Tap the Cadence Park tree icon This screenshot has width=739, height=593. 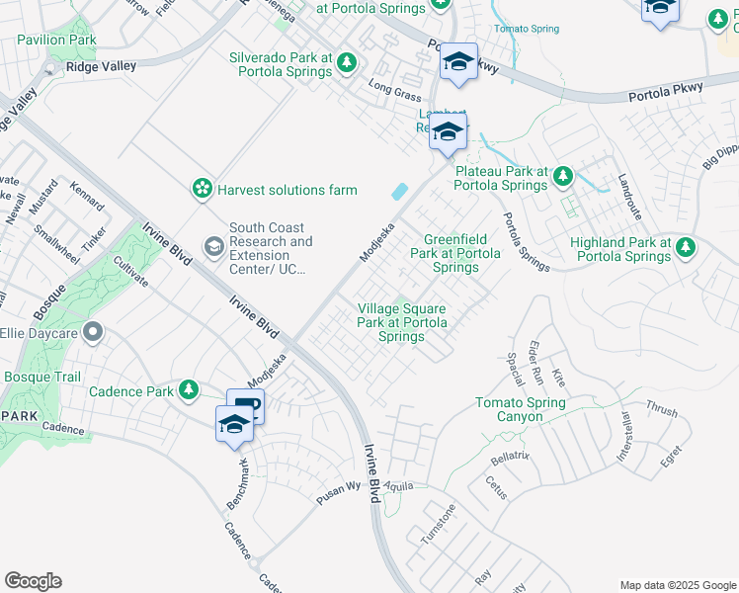[x=187, y=390]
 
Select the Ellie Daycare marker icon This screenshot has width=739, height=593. [x=94, y=331]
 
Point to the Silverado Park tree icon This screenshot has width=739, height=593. [x=346, y=63]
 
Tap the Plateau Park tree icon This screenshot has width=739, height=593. [x=562, y=176]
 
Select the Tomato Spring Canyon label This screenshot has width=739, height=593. [x=520, y=409]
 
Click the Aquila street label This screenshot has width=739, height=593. [x=399, y=486]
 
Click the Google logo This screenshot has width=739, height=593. [x=33, y=581]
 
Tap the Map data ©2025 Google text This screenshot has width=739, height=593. [x=677, y=585]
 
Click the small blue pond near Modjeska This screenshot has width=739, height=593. [x=400, y=192]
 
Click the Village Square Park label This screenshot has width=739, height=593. [x=402, y=322]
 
